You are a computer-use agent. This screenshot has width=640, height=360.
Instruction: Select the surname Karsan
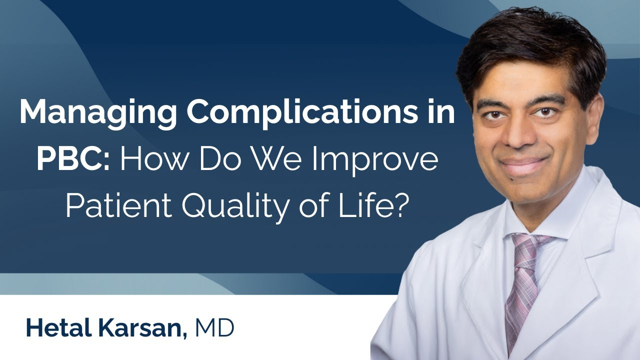click(140, 328)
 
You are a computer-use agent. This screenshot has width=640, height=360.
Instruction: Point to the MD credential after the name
click(215, 328)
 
